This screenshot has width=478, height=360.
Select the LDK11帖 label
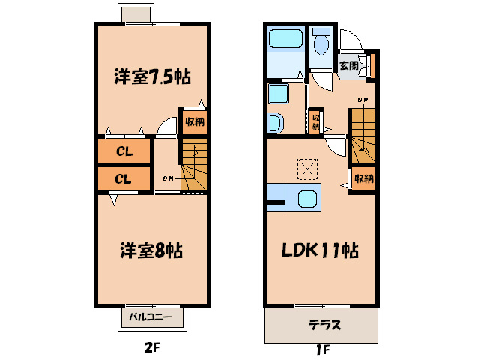[319, 250]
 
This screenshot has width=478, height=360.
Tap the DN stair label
[168, 178]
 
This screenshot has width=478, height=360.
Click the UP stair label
[363, 100]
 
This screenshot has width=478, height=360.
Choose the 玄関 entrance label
[349, 66]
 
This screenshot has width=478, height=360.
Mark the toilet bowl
[322, 44]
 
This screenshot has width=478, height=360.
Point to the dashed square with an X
[306, 169]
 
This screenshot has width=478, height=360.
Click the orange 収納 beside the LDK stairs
[363, 178]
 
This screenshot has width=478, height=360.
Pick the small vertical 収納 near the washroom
[316, 121]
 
